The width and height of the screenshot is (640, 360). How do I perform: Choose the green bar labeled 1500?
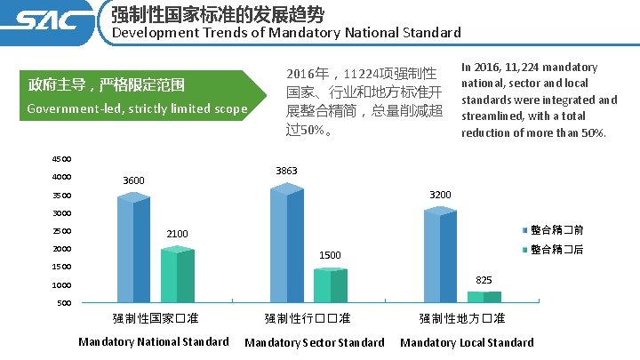tap(331, 284)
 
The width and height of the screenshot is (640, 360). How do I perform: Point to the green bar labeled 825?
tap(484, 297)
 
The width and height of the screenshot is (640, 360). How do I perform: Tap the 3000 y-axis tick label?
tap(60, 213)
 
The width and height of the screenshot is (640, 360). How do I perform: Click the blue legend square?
tap(524, 229)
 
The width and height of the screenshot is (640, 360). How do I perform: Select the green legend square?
tap(524, 250)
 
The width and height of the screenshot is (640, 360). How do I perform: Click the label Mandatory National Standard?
tap(154, 341)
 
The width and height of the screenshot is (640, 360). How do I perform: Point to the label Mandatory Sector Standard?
tap(314, 342)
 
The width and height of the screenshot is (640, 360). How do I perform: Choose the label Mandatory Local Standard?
tap(467, 342)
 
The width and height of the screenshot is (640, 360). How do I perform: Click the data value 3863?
tap(286, 171)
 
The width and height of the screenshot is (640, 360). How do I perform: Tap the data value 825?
tap(484, 280)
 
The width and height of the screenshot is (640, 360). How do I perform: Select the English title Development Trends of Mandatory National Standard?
tap(285, 33)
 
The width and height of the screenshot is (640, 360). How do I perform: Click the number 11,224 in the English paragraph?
tap(524, 68)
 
